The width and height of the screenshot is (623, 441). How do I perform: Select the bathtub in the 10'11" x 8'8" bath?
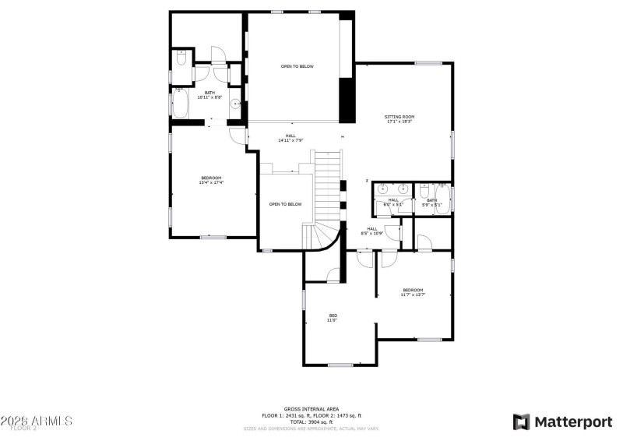click(180, 104)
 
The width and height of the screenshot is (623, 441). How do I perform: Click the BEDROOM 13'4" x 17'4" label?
click(211, 180)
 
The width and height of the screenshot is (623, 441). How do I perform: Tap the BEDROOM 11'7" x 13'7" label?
click(413, 291)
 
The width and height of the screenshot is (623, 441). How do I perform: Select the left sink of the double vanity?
click(383, 189)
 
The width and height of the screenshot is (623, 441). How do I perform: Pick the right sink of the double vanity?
click(403, 189)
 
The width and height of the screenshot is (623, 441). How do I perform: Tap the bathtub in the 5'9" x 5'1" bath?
click(442, 199)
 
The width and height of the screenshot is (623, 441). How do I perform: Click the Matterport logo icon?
click(521, 422)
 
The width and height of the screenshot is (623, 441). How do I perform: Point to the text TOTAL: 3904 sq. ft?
click(311, 422)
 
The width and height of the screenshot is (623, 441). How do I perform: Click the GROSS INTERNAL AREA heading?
click(311, 408)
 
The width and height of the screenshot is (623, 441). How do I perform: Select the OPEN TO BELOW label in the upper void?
click(297, 66)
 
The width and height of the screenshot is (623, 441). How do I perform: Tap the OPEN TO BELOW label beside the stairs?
click(285, 204)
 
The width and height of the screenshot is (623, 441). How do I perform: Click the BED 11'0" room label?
click(333, 317)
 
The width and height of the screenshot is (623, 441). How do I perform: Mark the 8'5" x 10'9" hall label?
click(373, 231)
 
